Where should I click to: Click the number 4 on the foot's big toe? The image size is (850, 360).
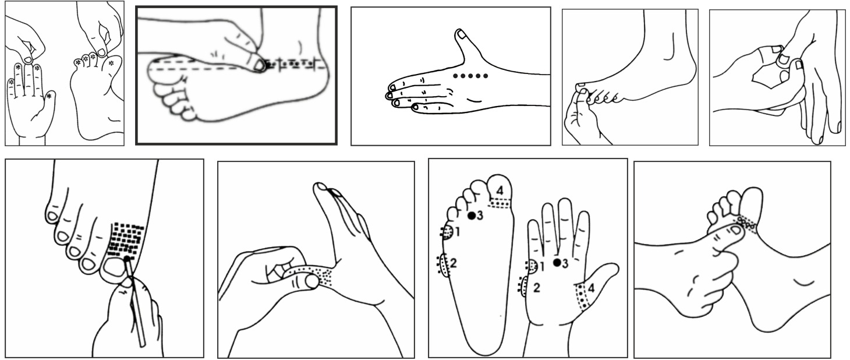tap(500, 190)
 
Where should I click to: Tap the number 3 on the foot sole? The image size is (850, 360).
tap(480, 216)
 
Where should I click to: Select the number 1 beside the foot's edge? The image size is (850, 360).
tap(458, 231)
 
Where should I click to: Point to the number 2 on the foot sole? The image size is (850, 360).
tap(453, 262)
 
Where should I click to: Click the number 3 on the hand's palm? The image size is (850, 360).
tap(565, 263)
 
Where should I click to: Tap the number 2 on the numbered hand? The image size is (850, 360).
tap(536, 287)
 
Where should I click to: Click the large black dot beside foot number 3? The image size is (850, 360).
tap(472, 216)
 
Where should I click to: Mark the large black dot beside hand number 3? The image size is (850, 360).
tap(557, 262)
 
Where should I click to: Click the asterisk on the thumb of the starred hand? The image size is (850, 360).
tap(49, 97)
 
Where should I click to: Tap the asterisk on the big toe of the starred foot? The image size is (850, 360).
tap(111, 63)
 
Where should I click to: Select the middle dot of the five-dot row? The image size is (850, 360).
tap(470, 76)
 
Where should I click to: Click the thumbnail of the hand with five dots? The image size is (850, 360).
tap(462, 34)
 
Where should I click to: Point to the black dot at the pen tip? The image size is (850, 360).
tap(127, 259)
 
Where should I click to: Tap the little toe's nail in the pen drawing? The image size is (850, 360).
tap(52, 216)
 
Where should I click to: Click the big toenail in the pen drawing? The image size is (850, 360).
tap(114, 268)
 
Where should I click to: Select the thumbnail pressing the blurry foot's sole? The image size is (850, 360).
tap(260, 66)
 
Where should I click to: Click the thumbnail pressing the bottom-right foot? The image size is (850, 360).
tap(735, 230)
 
